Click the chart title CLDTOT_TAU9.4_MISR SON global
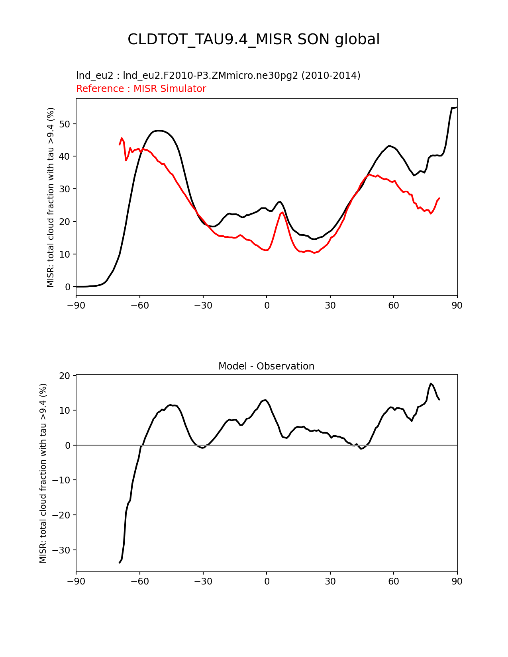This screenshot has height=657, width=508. click(253, 39)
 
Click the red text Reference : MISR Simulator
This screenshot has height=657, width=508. click(141, 89)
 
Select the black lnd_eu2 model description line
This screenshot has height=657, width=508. click(218, 76)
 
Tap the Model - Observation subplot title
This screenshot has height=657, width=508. click(266, 366)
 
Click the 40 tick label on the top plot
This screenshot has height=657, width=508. click(65, 156)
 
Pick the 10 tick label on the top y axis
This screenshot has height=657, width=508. click(65, 254)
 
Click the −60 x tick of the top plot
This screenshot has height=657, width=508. click(139, 305)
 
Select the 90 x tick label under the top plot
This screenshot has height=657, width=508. click(457, 305)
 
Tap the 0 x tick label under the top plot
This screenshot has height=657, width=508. click(267, 305)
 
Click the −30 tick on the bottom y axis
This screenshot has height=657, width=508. click(62, 550)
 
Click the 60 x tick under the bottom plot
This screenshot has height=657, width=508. click(394, 581)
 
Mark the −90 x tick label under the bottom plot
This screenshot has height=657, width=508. click(76, 581)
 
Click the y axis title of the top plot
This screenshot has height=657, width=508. click(51, 197)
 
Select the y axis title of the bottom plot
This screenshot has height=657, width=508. click(43, 473)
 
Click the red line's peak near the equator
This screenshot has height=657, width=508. click(282, 212)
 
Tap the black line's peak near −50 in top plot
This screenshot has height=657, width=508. click(159, 131)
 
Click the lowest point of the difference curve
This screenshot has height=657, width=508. click(120, 563)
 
